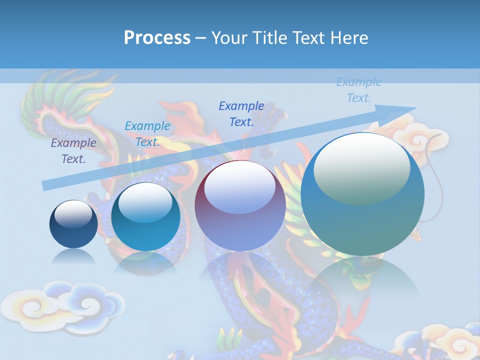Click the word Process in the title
(x=157, y=38)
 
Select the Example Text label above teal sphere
(x=147, y=134)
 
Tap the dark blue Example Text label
(x=241, y=113)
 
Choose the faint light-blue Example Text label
(x=358, y=90)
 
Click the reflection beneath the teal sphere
(x=145, y=262)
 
